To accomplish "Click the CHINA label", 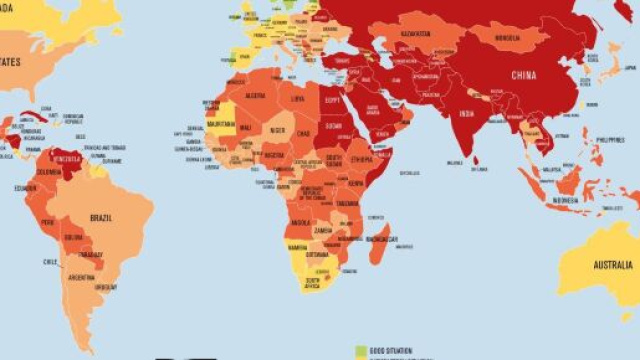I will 524,74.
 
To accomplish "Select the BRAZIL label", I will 99,216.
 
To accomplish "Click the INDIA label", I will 467,115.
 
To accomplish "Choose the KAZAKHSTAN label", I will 416,34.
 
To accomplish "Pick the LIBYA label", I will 298,99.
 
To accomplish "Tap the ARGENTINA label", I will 82,277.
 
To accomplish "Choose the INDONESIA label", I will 572,199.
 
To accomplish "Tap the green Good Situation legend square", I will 362,351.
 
